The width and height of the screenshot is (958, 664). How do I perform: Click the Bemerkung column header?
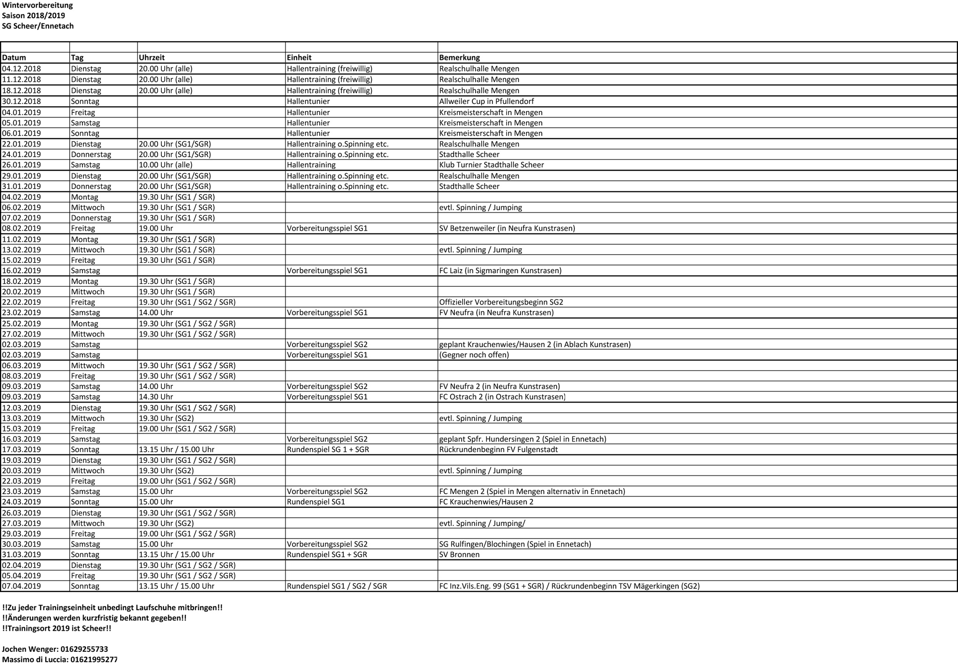tap(459, 58)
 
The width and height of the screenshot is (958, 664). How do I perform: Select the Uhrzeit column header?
tap(152, 58)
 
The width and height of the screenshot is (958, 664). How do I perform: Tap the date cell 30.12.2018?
tap(22, 101)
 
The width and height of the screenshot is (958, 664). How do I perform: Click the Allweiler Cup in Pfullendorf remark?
tap(486, 101)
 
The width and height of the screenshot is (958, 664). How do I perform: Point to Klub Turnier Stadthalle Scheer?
tap(491, 165)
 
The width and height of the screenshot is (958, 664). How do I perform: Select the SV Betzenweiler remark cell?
tap(507, 228)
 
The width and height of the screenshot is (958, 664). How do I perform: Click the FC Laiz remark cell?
tap(500, 270)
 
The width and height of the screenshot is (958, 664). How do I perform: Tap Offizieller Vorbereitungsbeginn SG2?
tap(501, 302)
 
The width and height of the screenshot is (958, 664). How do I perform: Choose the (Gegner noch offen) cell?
tap(474, 355)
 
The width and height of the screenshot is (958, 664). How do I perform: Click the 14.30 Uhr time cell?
tap(156, 397)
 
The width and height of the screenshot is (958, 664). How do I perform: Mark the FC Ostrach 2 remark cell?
tap(502, 397)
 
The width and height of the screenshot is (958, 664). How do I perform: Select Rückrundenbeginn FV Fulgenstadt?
tap(498, 450)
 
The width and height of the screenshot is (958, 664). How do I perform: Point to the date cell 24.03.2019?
tap(22, 502)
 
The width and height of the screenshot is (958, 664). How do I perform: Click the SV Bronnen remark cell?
tap(459, 555)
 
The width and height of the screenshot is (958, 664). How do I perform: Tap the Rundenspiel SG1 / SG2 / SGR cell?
tap(337, 586)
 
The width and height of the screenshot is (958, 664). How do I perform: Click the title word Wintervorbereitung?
tap(37, 5)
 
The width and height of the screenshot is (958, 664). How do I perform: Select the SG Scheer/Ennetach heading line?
tap(38, 26)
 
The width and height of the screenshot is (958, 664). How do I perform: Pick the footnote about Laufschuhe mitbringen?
tap(112, 607)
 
